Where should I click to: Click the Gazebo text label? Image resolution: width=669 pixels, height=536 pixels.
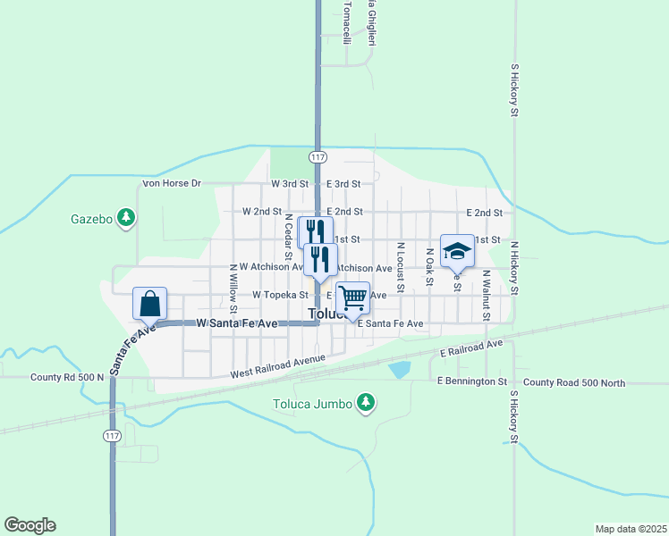91,219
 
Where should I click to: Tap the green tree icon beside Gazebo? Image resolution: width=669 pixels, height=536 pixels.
127,217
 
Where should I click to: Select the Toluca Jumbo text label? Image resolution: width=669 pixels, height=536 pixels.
312,405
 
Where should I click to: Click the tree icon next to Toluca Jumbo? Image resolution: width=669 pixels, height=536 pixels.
365,404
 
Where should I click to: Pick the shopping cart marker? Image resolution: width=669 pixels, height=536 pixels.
352,298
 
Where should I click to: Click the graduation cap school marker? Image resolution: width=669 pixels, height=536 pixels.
457,251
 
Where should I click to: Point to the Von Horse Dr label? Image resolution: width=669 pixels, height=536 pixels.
172,184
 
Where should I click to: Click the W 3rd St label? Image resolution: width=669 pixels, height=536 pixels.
289,184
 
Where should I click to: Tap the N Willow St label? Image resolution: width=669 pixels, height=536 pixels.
233,281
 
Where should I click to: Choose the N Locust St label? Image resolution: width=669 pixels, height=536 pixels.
401,265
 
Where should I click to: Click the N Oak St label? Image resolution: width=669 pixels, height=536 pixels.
429,265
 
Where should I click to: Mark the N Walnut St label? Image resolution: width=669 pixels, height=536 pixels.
486,295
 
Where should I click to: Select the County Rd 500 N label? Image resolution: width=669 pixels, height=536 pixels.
67,377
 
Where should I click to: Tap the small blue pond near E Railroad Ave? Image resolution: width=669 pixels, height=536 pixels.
400,368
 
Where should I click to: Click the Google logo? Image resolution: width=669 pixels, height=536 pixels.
30,525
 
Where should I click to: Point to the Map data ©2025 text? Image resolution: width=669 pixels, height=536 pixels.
630,529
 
